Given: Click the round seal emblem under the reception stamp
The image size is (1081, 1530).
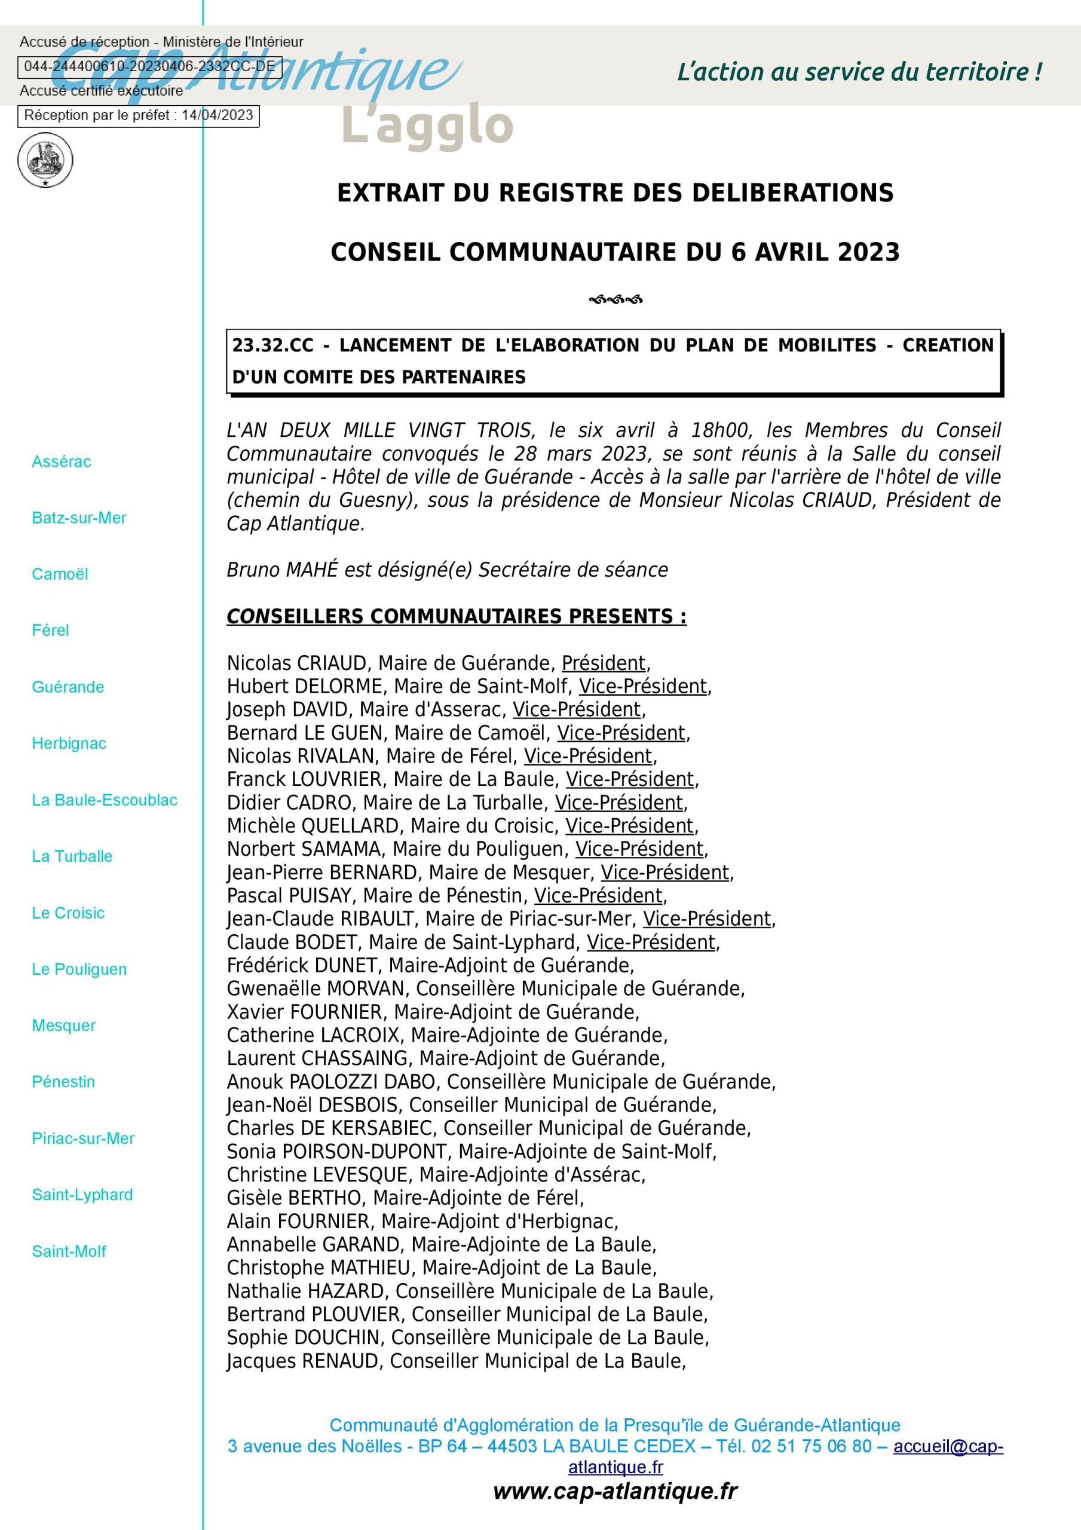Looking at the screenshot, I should (45, 160).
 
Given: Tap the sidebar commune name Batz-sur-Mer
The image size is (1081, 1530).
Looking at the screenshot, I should (79, 518).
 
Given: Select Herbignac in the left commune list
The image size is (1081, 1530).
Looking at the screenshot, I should (69, 743).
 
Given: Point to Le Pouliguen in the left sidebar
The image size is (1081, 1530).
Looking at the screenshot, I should (79, 969).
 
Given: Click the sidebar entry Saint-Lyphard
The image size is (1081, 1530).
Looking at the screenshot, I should (82, 1194).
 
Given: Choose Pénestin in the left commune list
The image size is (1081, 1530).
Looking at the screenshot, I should (63, 1082).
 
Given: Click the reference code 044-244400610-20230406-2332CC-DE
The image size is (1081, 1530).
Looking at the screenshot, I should (149, 66).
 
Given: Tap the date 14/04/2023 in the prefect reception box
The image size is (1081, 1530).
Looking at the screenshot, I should (218, 115).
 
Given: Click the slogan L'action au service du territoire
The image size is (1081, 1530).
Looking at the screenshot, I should (859, 72).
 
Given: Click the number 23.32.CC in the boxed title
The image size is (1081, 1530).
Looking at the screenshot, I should (272, 345).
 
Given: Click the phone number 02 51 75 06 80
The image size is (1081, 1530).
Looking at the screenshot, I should (811, 1446).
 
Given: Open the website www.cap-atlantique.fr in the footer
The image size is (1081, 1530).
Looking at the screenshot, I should (615, 1491).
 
